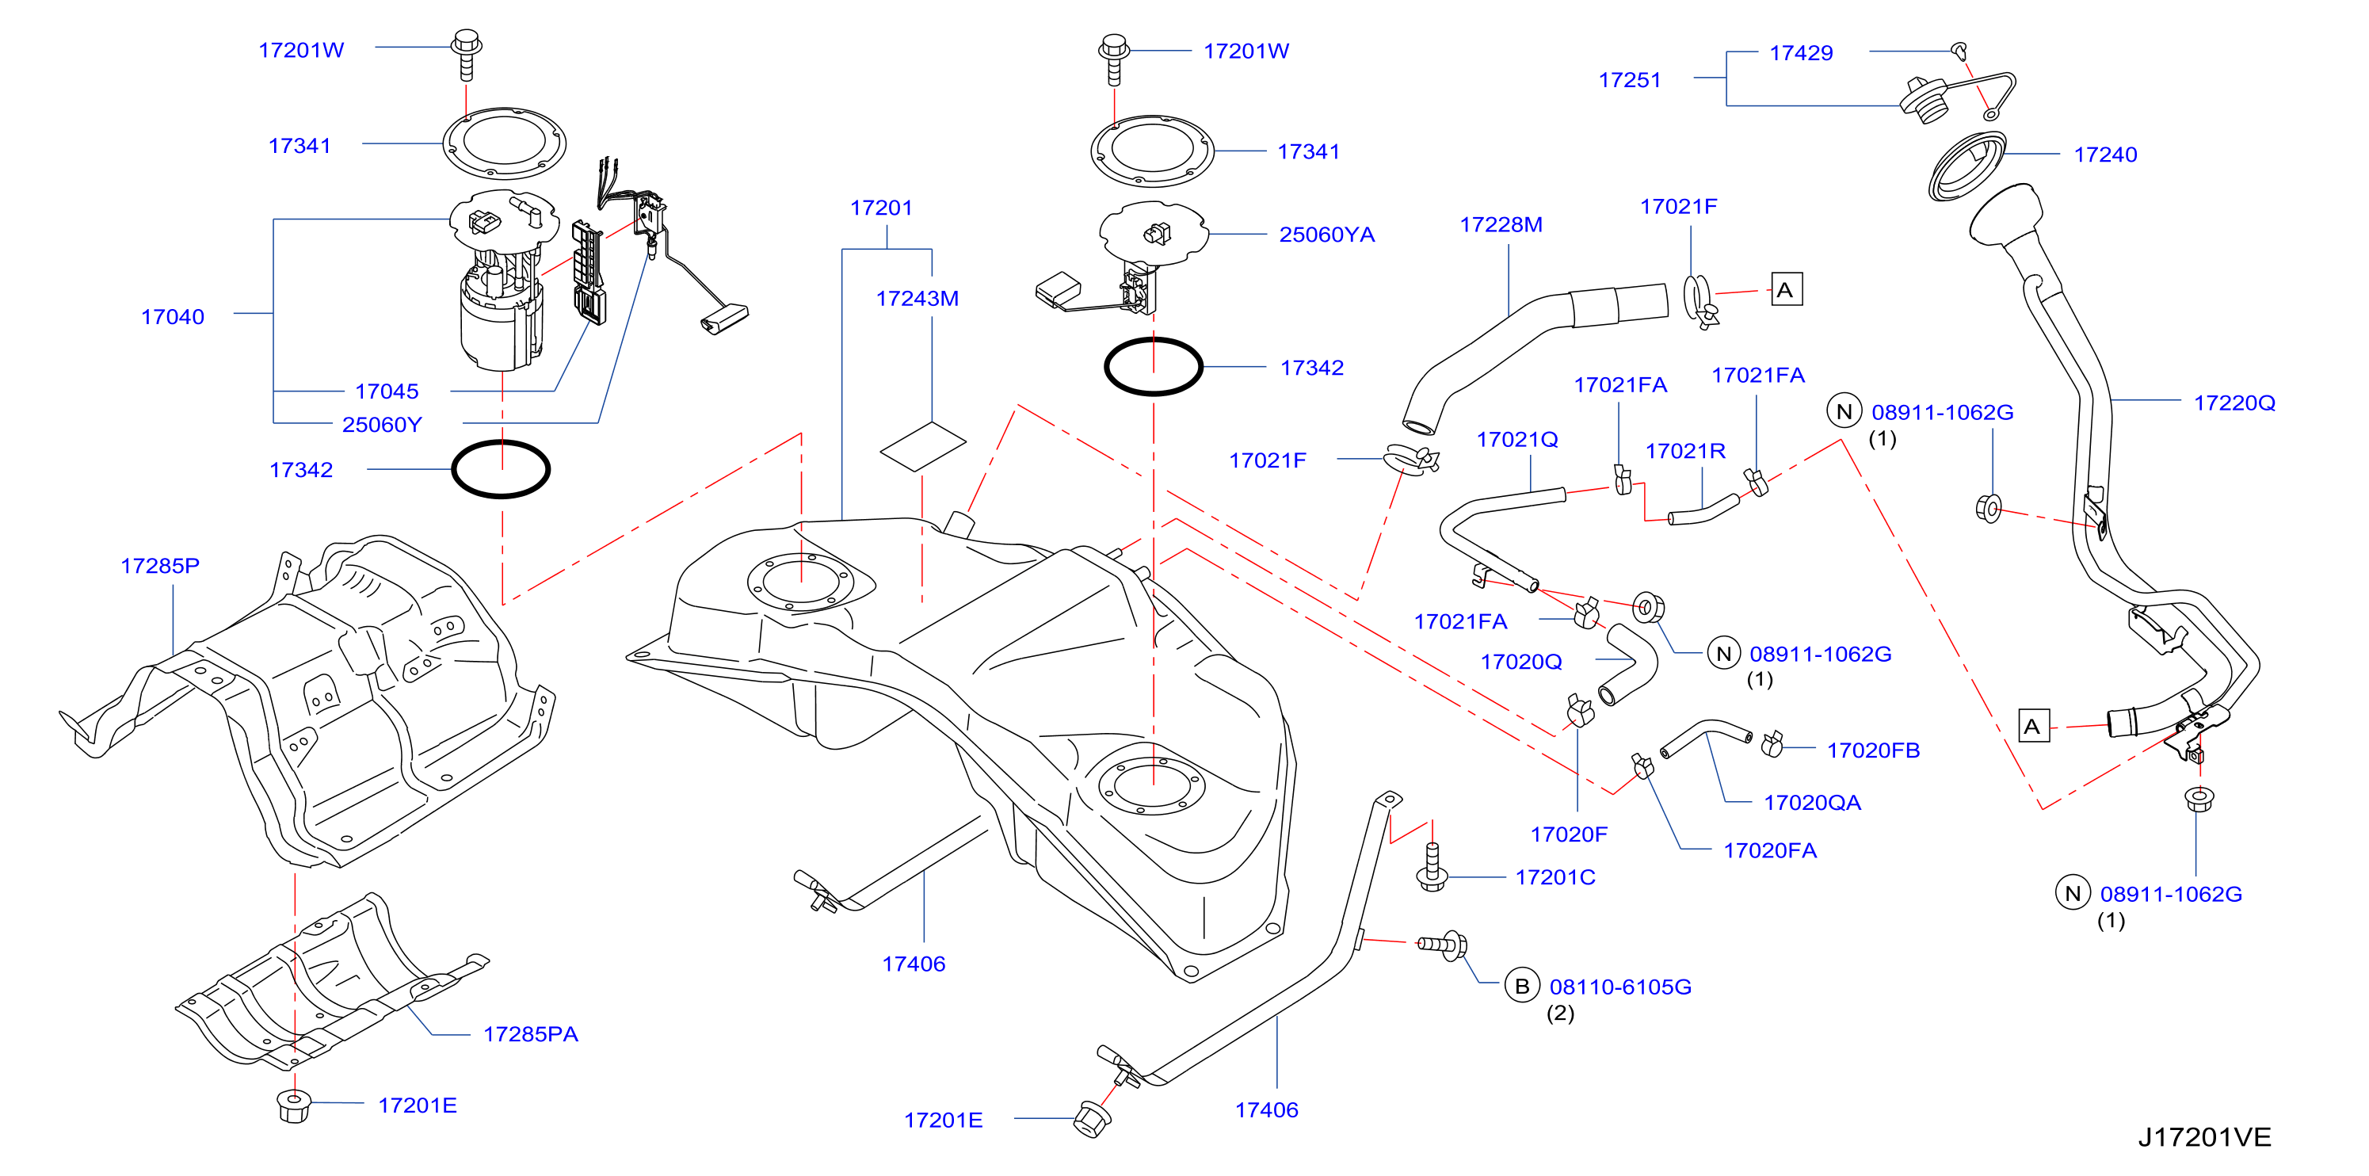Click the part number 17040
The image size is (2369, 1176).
[x=172, y=316]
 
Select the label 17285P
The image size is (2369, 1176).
[x=160, y=566]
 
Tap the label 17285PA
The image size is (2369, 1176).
[x=531, y=1034]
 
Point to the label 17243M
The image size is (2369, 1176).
[x=917, y=299]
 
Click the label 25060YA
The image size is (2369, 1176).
[x=1327, y=235]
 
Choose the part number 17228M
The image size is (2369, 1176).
[x=1501, y=224]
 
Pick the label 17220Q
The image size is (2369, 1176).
[x=2235, y=403]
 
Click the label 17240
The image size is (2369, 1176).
[x=2105, y=155]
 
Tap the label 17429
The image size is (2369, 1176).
[x=1801, y=53]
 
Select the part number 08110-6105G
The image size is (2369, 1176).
[x=1620, y=987]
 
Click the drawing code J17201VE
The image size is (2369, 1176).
[x=2204, y=1137]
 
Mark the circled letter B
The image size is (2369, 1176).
[x=1522, y=986]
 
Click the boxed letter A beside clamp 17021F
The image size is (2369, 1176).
[x=1786, y=289]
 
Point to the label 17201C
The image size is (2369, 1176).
[x=1555, y=877]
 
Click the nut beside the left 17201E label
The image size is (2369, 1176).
[x=293, y=1106]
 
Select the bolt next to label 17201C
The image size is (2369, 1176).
[x=1432, y=866]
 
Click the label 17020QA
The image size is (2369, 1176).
[x=1812, y=803]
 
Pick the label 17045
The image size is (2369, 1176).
[x=387, y=391]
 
